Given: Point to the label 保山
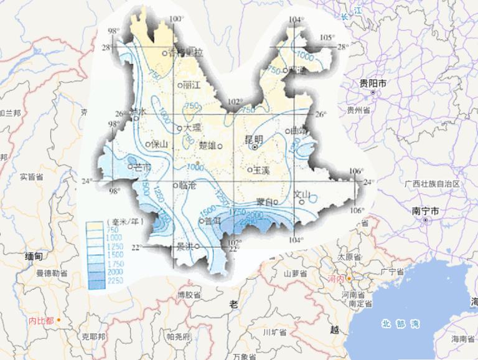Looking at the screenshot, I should tap(160, 144).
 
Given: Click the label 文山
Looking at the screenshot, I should tap(302, 194).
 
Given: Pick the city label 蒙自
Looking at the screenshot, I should tap(265, 202).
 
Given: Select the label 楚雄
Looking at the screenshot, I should tap(208, 146).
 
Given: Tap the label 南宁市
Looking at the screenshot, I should tap(426, 211).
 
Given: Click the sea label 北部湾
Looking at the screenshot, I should tap(401, 323).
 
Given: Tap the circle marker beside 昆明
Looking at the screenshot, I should tap(255, 148).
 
